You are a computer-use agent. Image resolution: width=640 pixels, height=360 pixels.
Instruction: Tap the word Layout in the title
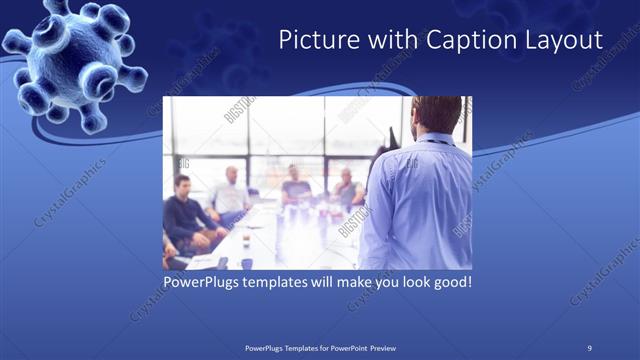point(565,40)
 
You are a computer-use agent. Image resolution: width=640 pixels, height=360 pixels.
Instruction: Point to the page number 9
point(589,347)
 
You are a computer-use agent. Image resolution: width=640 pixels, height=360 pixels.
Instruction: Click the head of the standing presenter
point(436,114)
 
